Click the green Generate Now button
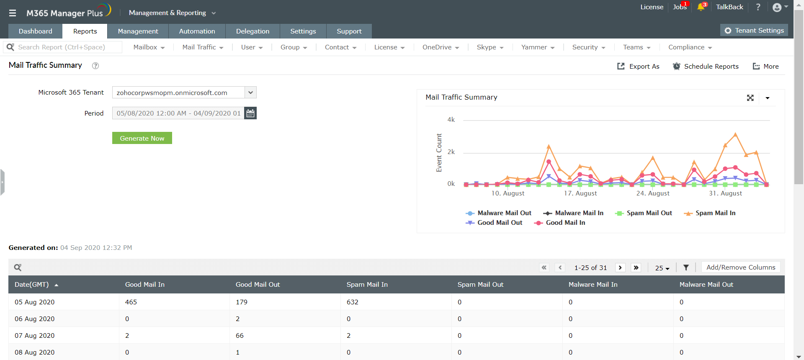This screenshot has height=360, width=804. click(x=142, y=138)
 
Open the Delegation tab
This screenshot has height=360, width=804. click(x=253, y=31)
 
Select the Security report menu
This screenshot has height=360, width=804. click(x=588, y=47)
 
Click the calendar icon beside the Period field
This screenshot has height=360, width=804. click(x=250, y=113)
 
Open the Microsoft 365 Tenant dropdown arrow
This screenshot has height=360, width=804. click(x=250, y=93)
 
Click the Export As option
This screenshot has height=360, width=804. click(x=638, y=66)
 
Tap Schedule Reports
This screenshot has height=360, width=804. click(x=706, y=66)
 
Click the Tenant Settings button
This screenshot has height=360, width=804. click(x=754, y=31)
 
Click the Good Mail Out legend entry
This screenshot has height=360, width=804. click(x=494, y=223)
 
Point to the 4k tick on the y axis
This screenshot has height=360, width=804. click(x=451, y=120)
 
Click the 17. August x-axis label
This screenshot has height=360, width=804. click(x=580, y=193)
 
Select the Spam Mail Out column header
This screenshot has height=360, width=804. click(x=480, y=285)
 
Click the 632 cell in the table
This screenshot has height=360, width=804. click(x=353, y=302)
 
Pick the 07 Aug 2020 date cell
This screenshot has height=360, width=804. click(x=35, y=336)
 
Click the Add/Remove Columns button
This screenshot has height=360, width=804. click(x=740, y=267)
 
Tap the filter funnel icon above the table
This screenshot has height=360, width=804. click(x=686, y=267)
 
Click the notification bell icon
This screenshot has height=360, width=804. click(x=701, y=7)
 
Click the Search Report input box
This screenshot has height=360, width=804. click(x=67, y=47)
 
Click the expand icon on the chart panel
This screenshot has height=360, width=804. click(x=750, y=98)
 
